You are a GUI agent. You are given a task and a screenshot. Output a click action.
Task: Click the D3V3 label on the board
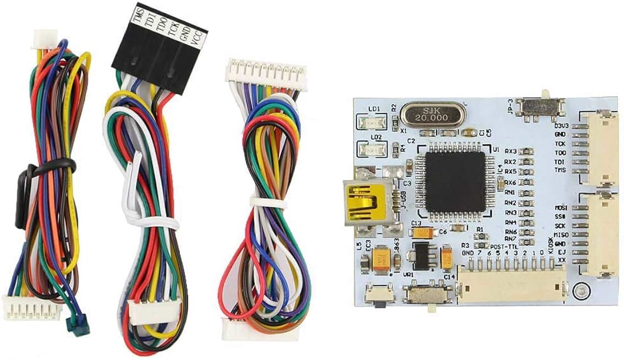click(x=561, y=125)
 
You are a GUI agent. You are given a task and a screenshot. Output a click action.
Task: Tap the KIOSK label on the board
click(x=550, y=243)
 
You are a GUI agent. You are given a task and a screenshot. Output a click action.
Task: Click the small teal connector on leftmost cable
click(x=76, y=326)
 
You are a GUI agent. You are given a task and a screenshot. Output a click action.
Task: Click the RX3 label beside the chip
click(x=510, y=151)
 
